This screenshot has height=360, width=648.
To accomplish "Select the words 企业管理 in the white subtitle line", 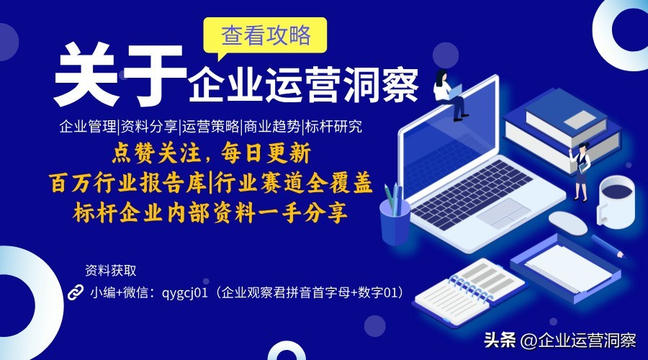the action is point(88,127).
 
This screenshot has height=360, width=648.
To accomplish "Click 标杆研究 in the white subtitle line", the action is point(333,127).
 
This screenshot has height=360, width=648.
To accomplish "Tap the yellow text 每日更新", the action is point(266,153).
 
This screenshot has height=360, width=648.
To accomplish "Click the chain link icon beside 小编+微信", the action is point(75,292).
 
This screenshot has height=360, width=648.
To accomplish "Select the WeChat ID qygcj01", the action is point(184,293).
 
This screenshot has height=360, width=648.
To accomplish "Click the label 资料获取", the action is point(110,271).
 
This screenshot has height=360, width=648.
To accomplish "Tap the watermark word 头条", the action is point(500,341).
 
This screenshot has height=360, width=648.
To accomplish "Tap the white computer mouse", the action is point(568,223).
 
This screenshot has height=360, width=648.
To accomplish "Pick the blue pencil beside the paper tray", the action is point(608,247).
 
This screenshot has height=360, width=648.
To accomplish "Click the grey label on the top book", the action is point(580,120).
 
